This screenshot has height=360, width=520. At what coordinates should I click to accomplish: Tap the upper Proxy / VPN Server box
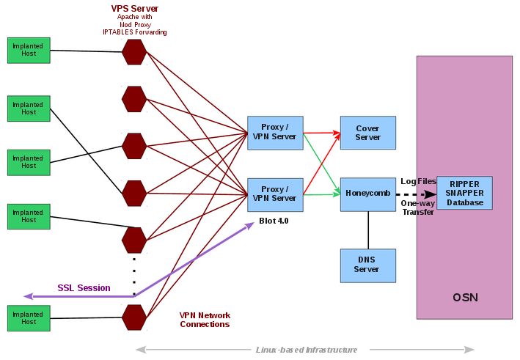tap(274, 132)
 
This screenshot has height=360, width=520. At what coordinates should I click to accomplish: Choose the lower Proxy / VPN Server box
tap(274, 194)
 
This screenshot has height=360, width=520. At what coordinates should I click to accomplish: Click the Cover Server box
tap(367, 133)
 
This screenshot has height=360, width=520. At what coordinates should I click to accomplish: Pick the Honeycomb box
tap(367, 194)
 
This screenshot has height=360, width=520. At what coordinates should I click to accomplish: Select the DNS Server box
tap(367, 265)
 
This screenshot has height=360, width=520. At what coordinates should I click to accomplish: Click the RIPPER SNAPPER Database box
tap(464, 193)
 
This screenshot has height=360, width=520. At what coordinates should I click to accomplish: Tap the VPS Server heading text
tap(134, 8)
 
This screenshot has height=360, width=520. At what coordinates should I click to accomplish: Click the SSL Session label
tap(84, 288)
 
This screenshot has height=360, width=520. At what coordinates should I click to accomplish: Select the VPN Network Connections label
tap(205, 320)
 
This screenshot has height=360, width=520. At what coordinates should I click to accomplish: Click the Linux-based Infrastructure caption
tap(306, 350)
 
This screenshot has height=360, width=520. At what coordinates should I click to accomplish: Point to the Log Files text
tap(418, 181)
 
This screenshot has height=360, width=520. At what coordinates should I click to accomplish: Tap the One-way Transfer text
tap(417, 207)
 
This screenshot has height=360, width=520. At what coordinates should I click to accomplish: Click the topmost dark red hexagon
tap(134, 51)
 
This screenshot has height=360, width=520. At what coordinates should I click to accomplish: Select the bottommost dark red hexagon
tap(134, 317)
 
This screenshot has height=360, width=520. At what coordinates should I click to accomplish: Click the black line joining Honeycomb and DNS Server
tap(367, 230)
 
